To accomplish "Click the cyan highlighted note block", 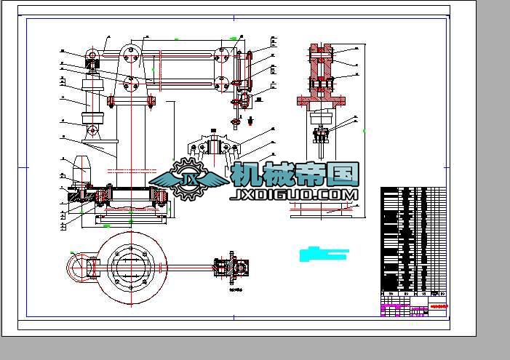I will [x=324, y=254].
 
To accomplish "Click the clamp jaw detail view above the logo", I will [x=215, y=148].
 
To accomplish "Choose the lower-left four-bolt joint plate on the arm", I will [x=132, y=84].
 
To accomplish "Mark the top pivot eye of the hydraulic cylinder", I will [x=92, y=55].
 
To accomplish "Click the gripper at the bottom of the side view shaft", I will [x=323, y=135].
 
